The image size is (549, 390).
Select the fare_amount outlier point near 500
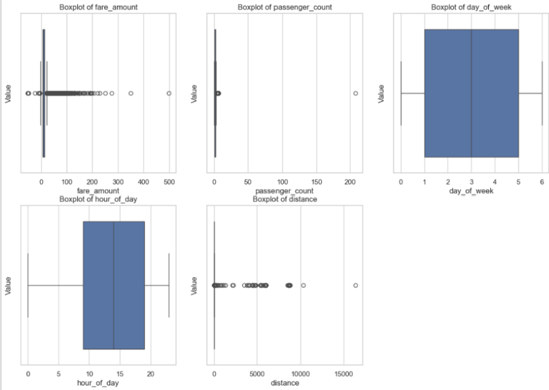pyautogui.click(x=169, y=94)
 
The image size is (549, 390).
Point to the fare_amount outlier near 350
pyautogui.click(x=131, y=94)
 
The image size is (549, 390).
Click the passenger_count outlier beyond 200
pyautogui.click(x=356, y=94)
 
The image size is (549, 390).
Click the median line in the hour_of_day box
pyautogui.click(x=114, y=285)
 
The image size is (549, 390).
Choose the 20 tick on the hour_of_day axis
pyautogui.click(x=150, y=374)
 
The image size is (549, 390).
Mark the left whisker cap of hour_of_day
pyautogui.click(x=28, y=285)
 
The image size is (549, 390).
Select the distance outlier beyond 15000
pyautogui.click(x=355, y=285)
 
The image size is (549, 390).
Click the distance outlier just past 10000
pyautogui.click(x=303, y=285)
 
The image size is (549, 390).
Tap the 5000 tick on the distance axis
pyautogui.click(x=257, y=374)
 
